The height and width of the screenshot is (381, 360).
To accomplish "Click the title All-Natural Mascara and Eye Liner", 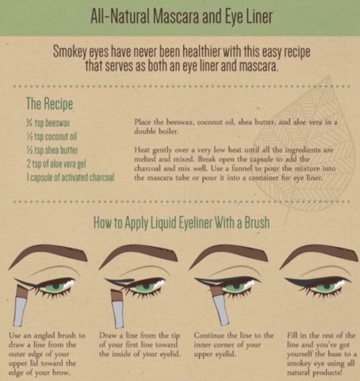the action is (182, 17).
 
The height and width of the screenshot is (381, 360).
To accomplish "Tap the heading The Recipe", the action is (49, 103).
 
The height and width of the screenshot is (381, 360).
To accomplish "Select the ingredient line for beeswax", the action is (48, 123).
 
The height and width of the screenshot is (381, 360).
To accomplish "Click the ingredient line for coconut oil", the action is (52, 137).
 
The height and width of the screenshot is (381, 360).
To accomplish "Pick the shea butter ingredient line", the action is (52, 150).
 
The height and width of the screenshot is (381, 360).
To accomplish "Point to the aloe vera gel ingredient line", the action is (56, 164).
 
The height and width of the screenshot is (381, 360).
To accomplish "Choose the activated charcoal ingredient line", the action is (71, 177).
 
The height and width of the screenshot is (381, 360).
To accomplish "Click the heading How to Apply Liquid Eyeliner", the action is (182, 222).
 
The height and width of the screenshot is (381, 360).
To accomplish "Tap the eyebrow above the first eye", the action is (48, 256).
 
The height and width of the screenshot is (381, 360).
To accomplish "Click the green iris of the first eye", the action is (56, 287).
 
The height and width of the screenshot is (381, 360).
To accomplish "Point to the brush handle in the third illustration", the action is (221, 310).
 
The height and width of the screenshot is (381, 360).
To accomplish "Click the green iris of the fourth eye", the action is (326, 287).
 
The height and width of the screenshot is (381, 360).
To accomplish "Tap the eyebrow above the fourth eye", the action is (320, 256).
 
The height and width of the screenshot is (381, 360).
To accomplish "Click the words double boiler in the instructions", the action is (156, 131).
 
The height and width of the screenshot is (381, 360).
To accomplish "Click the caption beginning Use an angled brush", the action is (47, 354).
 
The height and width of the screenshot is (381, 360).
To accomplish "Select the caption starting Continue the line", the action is (234, 344).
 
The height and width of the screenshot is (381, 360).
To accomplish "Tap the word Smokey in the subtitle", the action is (69, 52).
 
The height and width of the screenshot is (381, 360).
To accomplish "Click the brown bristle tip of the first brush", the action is (22, 291).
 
